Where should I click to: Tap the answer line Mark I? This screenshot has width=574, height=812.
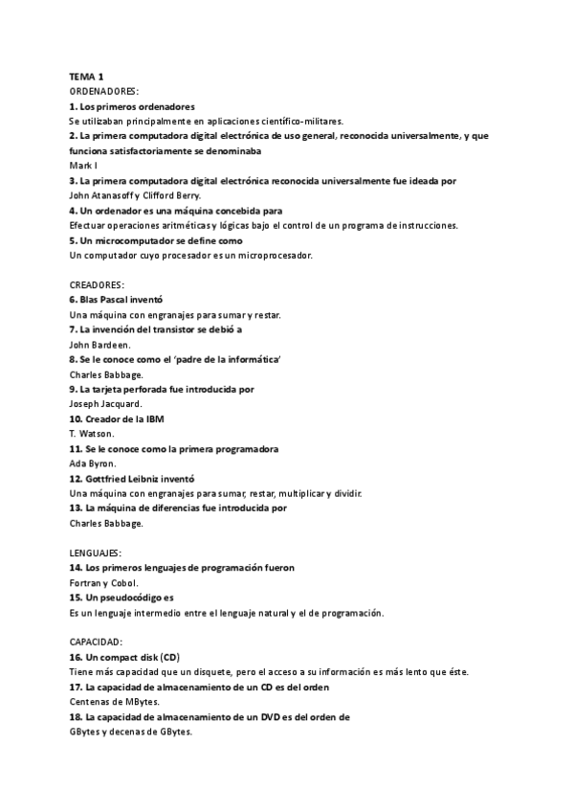[x=84, y=166]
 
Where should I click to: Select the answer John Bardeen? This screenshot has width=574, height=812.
[x=101, y=344]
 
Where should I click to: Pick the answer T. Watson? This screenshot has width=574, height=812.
[x=92, y=433]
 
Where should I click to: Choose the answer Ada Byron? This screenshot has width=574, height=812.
[x=92, y=462]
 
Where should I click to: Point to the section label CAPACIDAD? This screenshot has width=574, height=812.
[x=96, y=642]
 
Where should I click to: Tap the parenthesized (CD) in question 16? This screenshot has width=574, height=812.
[x=169, y=657]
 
